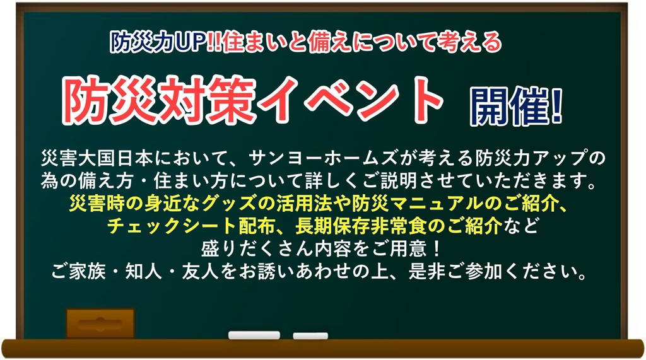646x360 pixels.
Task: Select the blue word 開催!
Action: click(x=517, y=107)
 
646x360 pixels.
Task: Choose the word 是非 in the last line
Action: click(x=427, y=272)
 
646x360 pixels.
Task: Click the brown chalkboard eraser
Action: click(x=100, y=323)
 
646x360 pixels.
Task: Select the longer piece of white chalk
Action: click(x=254, y=335)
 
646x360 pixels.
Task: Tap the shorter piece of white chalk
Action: click(x=310, y=335)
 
